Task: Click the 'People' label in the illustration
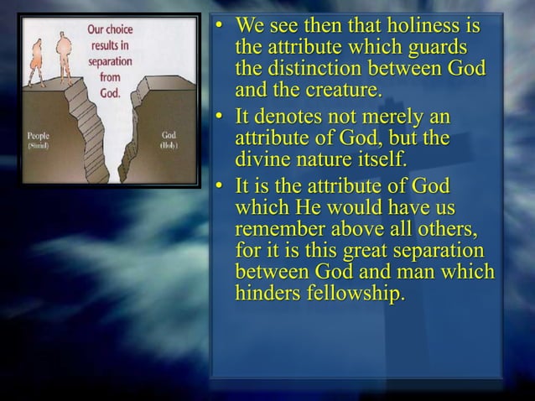[39, 134]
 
